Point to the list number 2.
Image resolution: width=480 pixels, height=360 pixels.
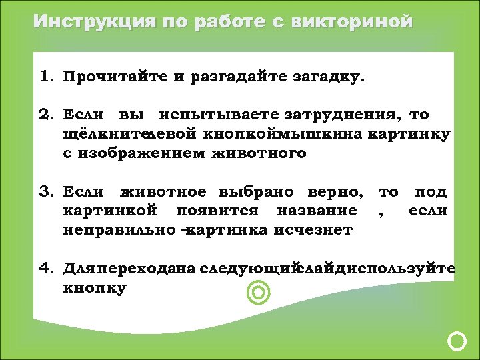point(46,115)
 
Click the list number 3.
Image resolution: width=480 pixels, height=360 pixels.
point(46,192)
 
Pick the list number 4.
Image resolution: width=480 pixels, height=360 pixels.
point(46,269)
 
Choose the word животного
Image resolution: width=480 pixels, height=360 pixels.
point(259,153)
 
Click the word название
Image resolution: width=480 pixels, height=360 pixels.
point(319,211)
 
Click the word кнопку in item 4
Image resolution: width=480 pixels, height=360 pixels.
point(95,289)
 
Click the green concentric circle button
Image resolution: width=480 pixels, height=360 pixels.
point(258,292)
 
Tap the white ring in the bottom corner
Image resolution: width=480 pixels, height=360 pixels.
point(457,341)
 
